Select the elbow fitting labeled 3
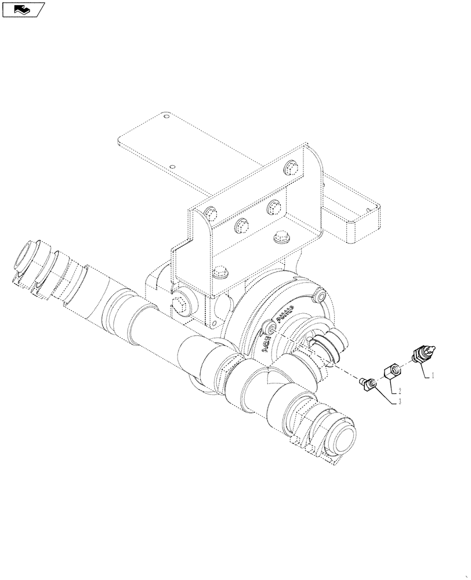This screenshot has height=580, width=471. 368,384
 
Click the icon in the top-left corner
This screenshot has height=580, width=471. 23,9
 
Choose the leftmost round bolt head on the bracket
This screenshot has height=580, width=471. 210,215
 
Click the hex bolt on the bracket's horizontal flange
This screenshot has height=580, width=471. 282,237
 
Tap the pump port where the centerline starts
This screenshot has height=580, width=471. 270,329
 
